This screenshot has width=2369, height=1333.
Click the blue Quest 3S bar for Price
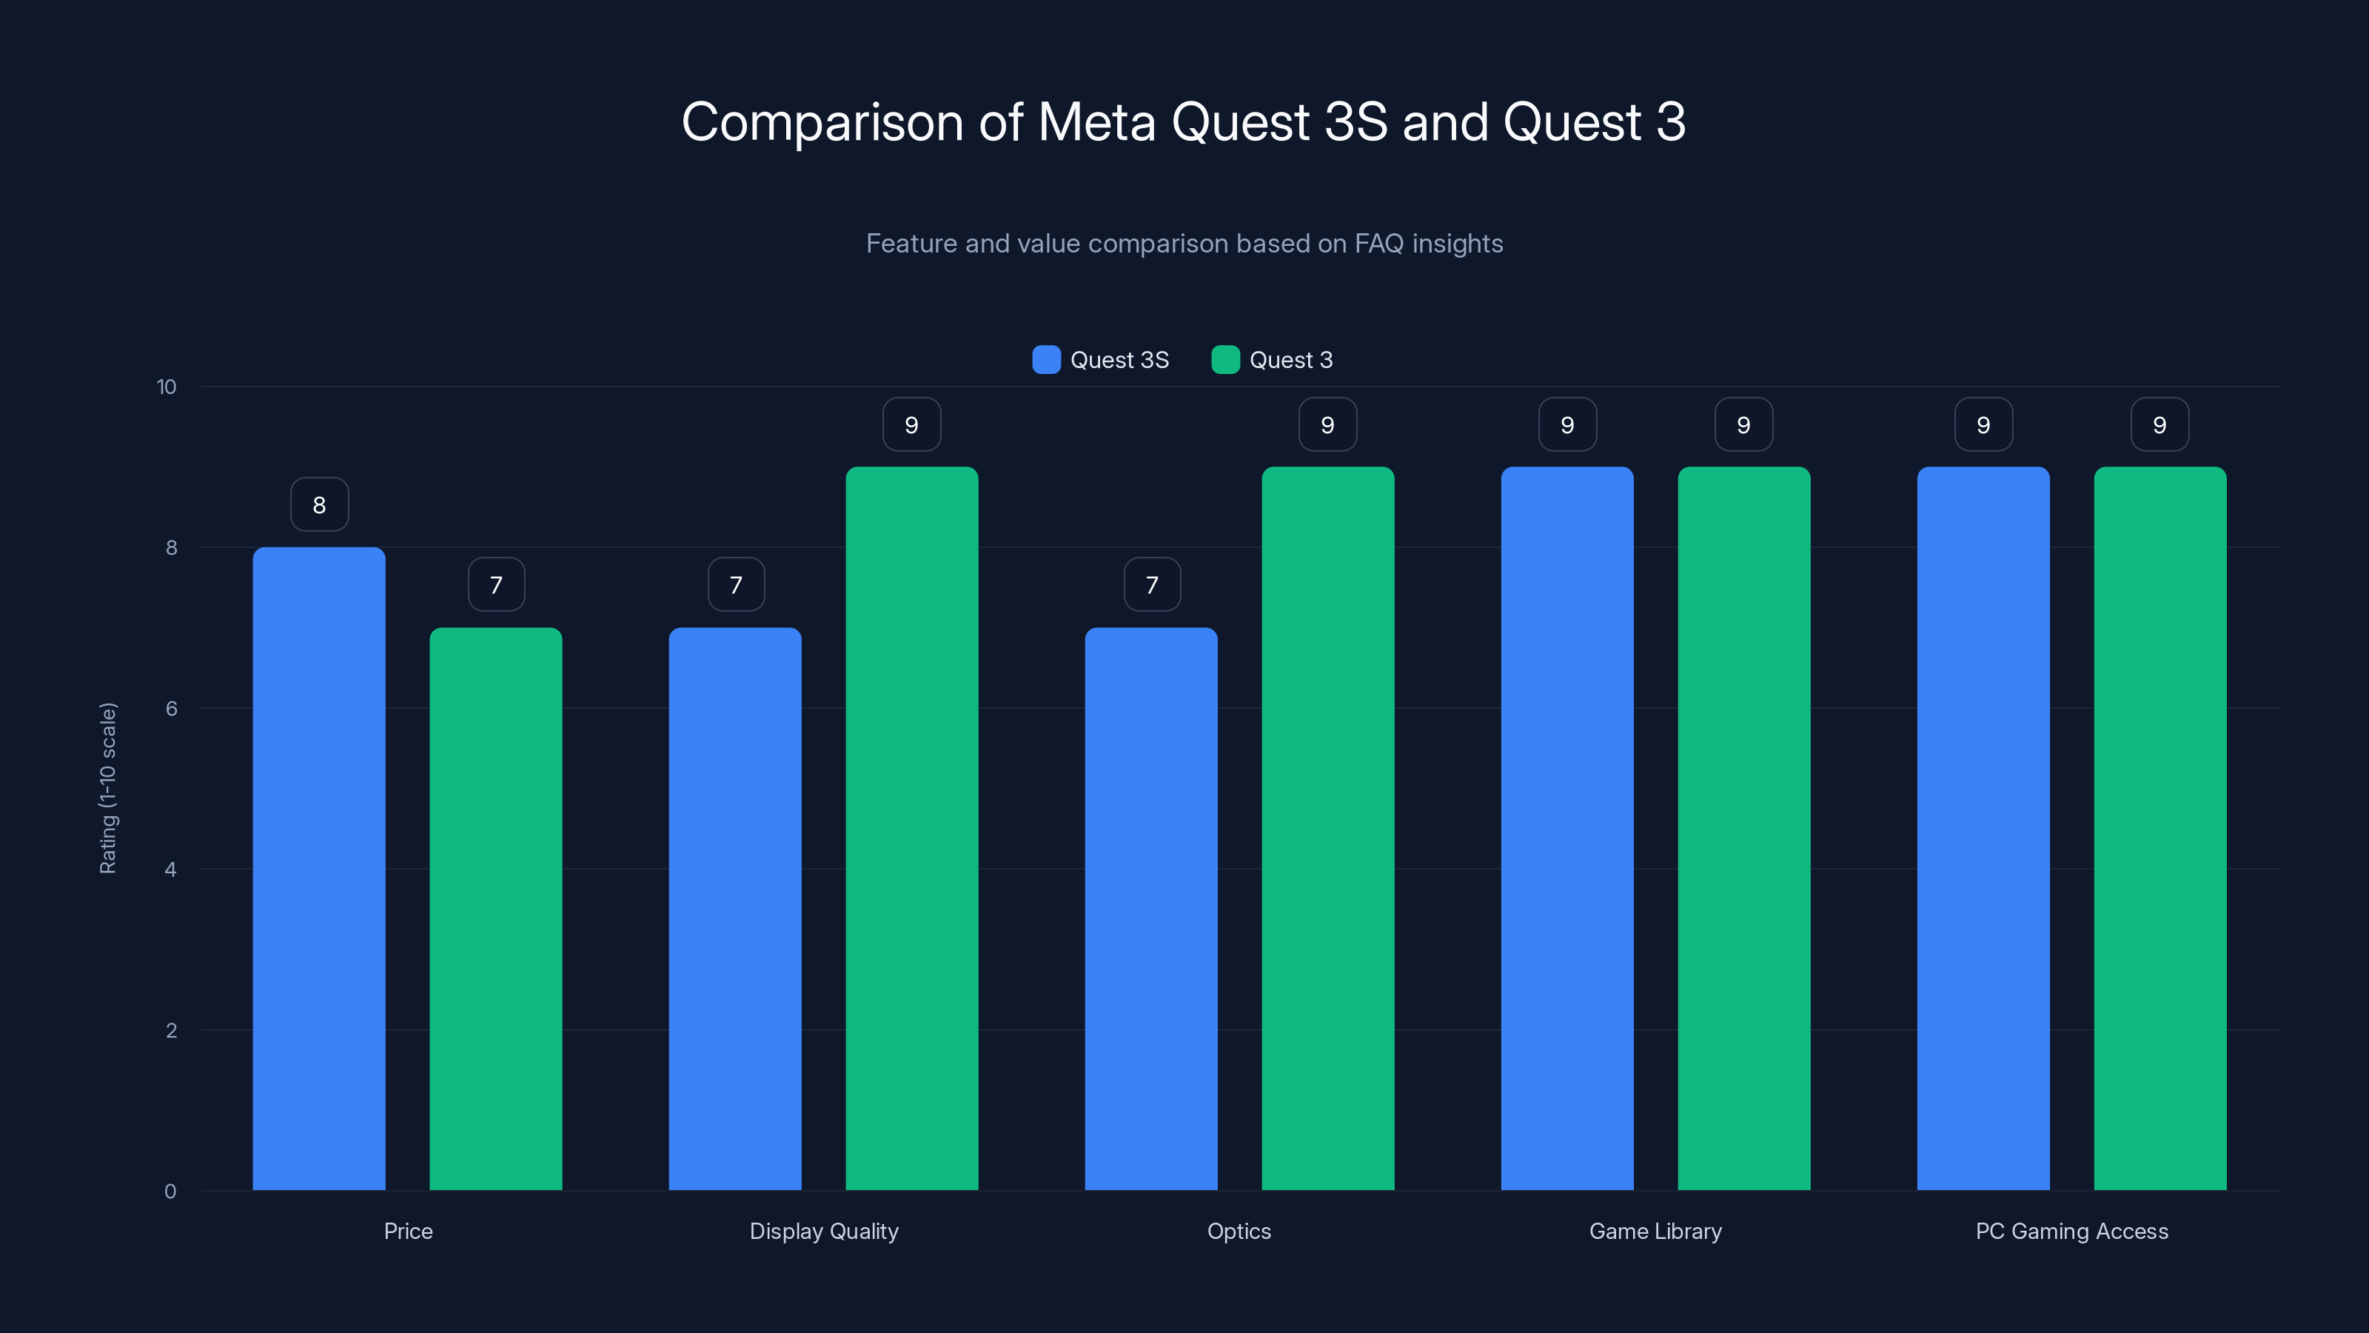click(x=319, y=869)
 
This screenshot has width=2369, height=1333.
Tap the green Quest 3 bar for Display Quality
click(x=911, y=828)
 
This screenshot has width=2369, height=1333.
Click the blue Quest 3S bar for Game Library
click(x=1567, y=828)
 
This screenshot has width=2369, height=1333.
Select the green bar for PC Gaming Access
click(x=2159, y=828)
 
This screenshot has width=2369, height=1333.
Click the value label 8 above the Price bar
click(x=319, y=505)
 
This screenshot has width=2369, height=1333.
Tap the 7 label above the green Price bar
click(x=496, y=585)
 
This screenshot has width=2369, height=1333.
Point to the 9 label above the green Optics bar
click(x=1327, y=425)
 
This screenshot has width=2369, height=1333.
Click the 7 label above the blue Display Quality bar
click(x=736, y=585)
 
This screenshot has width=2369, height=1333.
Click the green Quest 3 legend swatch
click(x=1226, y=360)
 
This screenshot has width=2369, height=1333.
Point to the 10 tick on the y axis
click(x=167, y=387)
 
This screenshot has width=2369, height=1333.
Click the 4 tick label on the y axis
click(x=170, y=869)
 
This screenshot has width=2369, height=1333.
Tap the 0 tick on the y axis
click(x=170, y=1192)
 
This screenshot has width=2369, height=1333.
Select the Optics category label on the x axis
click(x=1239, y=1231)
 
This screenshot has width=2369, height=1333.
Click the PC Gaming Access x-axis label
click(x=2071, y=1231)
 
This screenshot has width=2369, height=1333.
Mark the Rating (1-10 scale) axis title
click(x=107, y=789)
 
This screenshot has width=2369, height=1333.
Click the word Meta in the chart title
click(x=1096, y=122)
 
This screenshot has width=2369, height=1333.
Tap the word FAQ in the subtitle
click(x=1378, y=244)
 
